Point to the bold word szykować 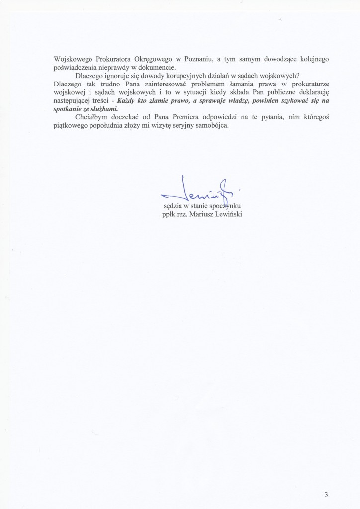(x=281, y=101)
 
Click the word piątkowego (x=70, y=126)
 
